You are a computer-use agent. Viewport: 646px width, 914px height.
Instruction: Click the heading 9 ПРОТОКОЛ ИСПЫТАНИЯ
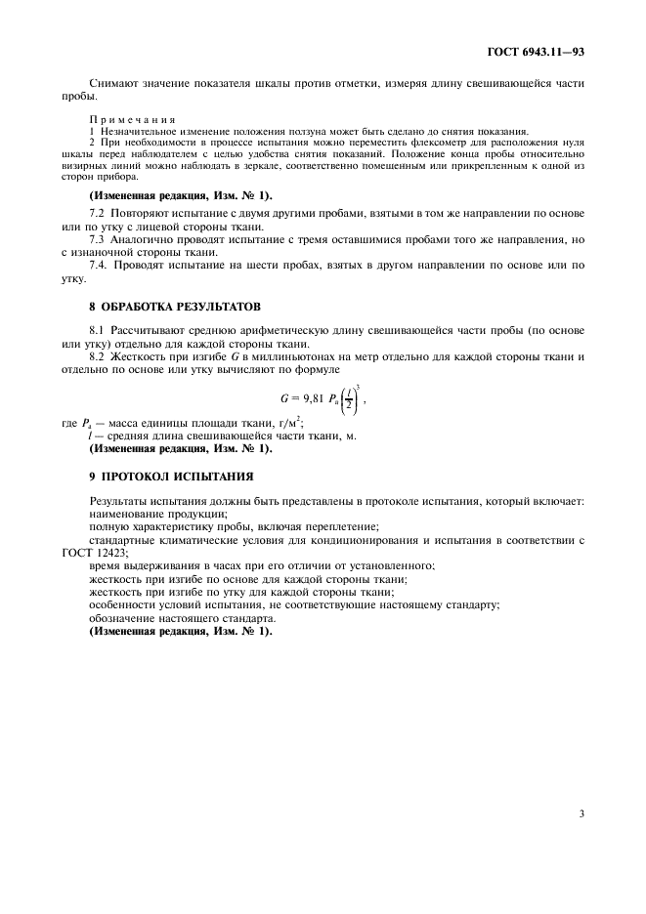(x=170, y=476)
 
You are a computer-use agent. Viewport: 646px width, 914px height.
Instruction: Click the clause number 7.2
(x=97, y=210)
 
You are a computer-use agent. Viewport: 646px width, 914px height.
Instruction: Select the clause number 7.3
(x=97, y=238)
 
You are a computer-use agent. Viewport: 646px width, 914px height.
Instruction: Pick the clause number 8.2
(x=97, y=356)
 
